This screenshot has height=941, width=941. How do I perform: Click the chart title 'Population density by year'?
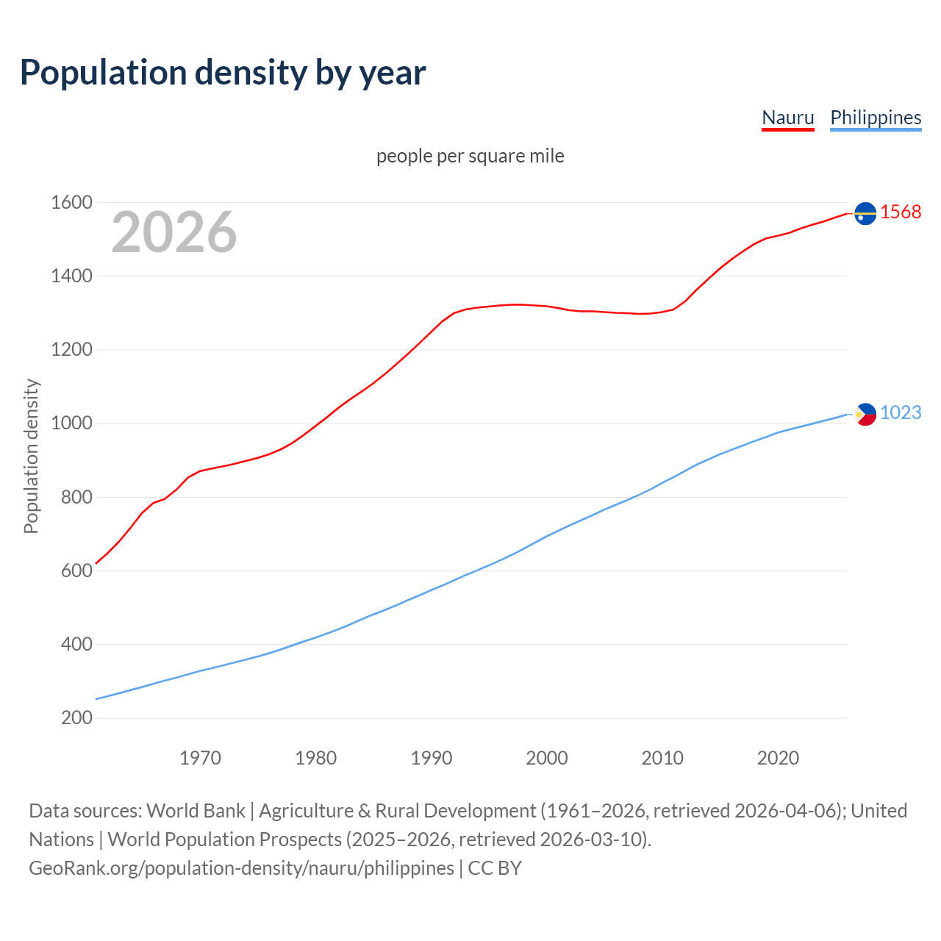point(223,73)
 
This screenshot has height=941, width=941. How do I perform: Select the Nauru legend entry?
point(787,118)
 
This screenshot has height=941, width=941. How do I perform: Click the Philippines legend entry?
point(876,118)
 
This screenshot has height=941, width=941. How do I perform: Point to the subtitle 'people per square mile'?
point(470,156)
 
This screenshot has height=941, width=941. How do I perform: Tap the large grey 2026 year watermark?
point(174,232)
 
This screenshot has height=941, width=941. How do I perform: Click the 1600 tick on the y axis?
point(71,202)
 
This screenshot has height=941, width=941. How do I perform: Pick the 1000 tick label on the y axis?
point(71,423)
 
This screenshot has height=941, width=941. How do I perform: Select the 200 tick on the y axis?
point(76,718)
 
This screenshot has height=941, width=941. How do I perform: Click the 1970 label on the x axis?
point(200,758)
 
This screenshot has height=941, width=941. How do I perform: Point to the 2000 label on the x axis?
point(547,758)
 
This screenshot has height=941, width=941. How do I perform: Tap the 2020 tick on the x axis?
point(778,758)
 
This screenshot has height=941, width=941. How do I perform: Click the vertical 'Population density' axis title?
point(31,456)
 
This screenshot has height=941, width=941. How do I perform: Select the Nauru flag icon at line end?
point(865,213)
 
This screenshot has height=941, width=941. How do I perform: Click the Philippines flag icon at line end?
point(865,415)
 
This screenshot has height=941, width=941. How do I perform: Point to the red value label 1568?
point(901,212)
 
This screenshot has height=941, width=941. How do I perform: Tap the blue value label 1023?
point(901,412)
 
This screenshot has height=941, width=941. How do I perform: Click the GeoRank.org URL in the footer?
point(241,868)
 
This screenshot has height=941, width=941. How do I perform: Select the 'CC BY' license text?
point(495,868)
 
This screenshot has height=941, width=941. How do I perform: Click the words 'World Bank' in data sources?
point(196,811)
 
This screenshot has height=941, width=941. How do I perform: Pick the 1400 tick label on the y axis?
point(71,276)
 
